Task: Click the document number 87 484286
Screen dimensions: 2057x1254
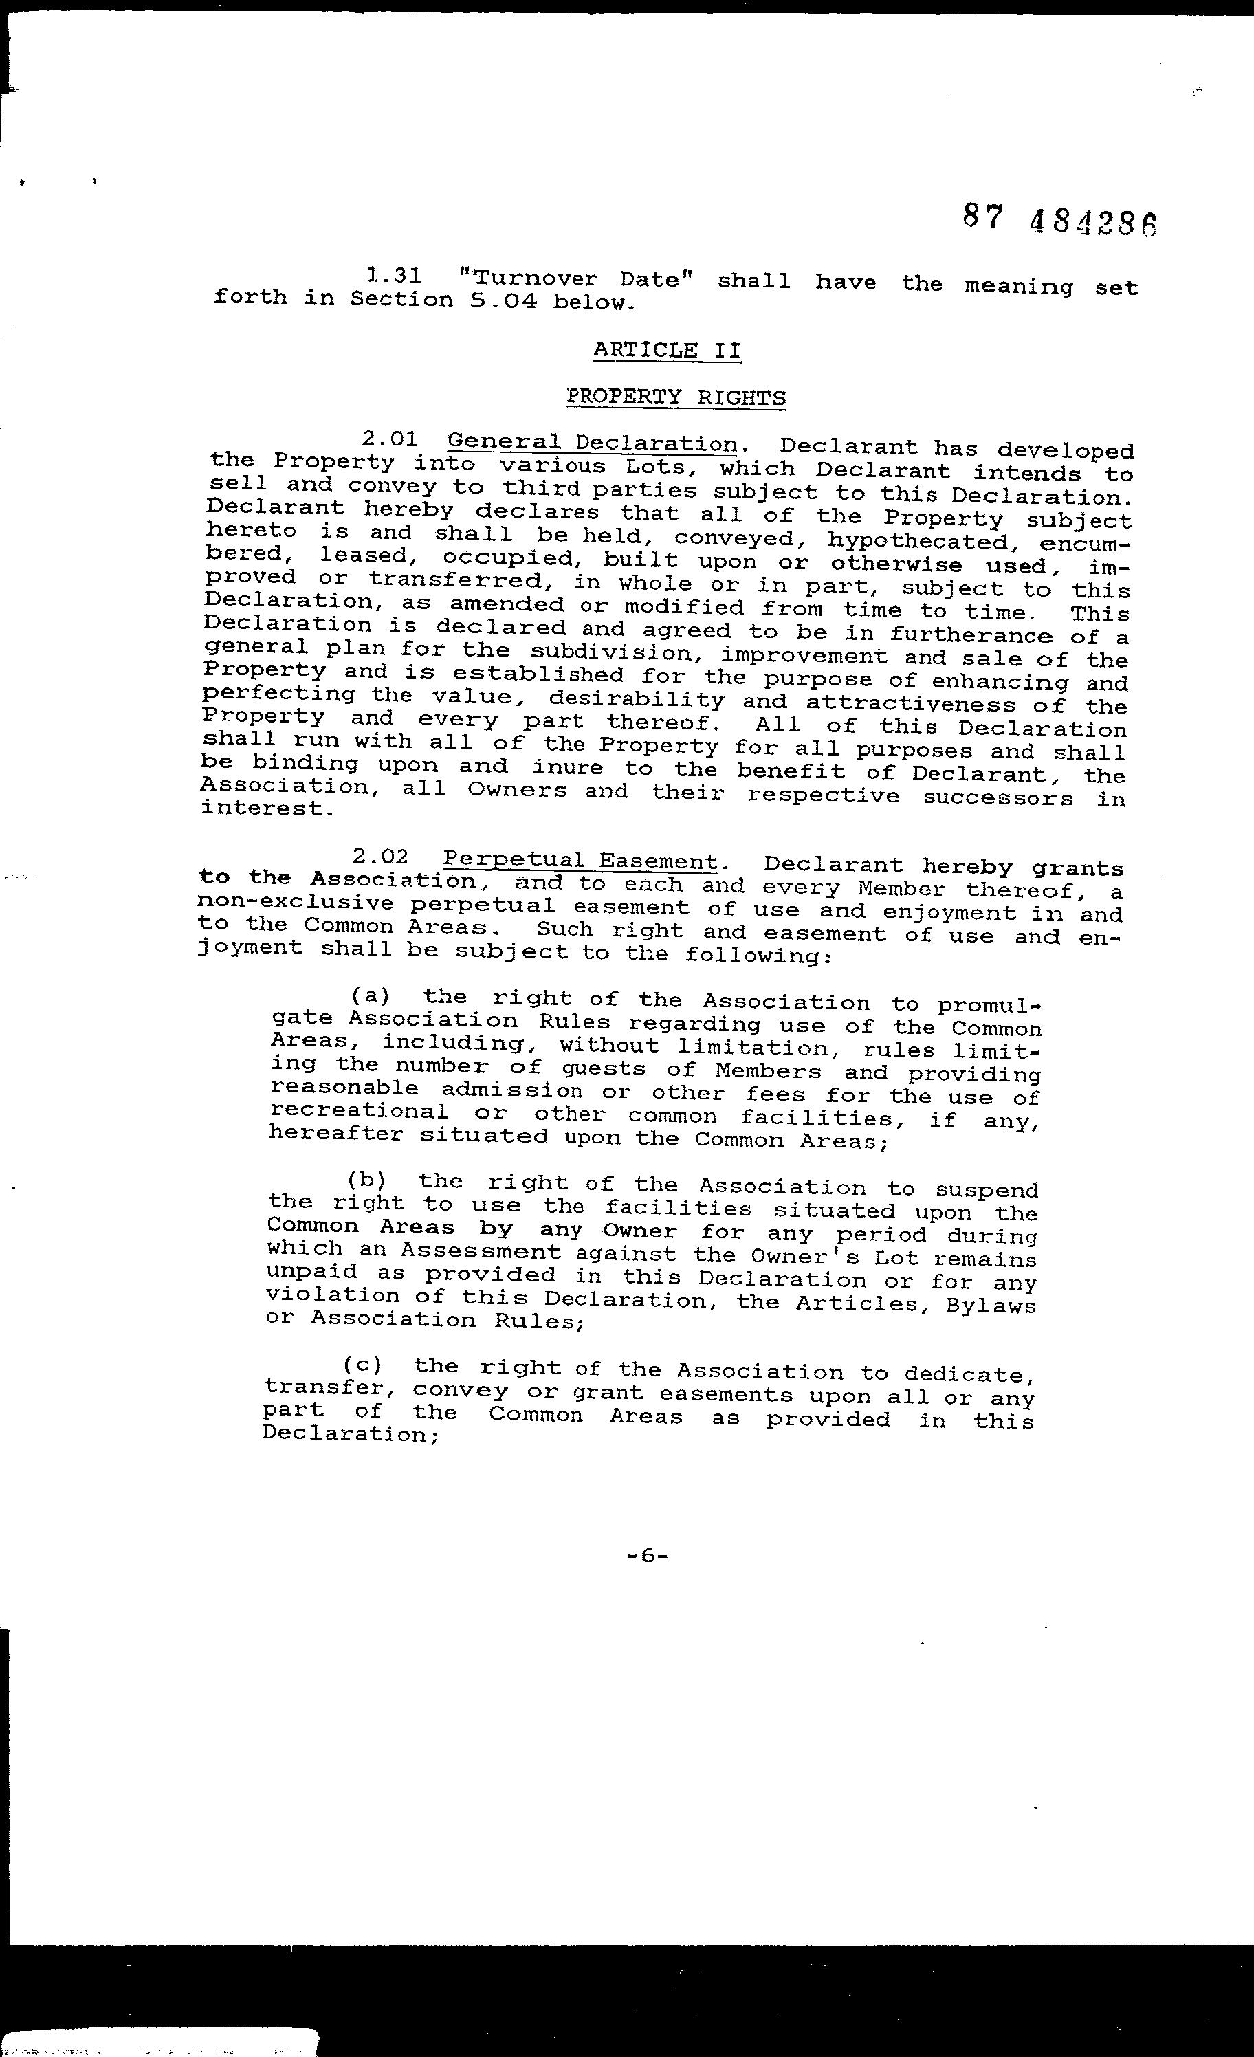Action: [1060, 221]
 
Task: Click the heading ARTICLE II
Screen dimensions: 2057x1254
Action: [666, 350]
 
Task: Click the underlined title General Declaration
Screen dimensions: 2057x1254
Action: [592, 443]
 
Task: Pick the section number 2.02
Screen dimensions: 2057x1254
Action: [380, 857]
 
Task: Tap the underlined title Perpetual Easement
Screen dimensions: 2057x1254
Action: [580, 861]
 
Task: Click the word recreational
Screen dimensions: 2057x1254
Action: [358, 1112]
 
